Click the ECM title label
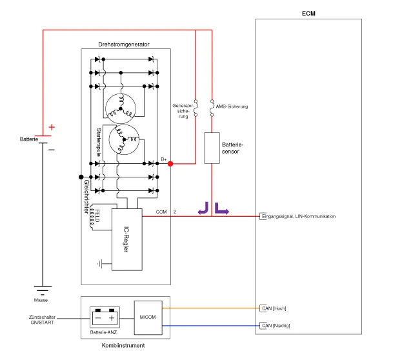[x=309, y=14]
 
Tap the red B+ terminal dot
[x=170, y=164]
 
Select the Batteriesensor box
[x=212, y=148]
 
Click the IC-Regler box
[x=126, y=239]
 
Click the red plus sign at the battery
[x=52, y=127]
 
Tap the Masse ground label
[x=41, y=300]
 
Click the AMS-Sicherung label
[x=232, y=106]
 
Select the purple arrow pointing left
[x=203, y=208]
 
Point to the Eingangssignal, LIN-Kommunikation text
[x=299, y=216]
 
